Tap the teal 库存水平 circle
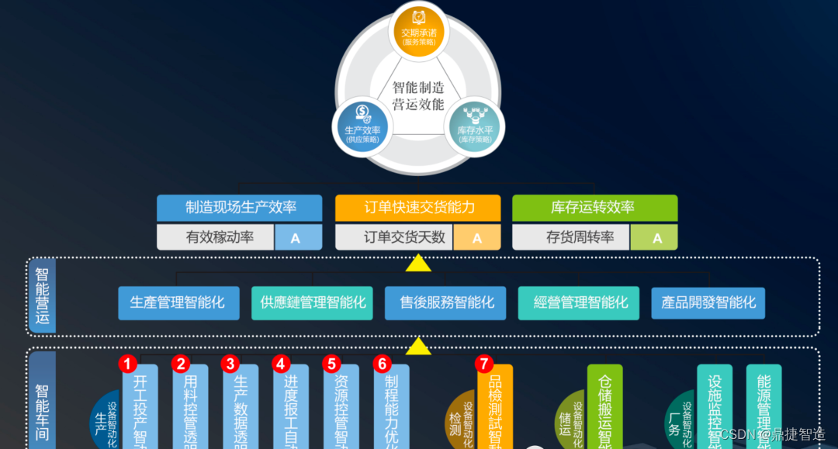click(x=474, y=129)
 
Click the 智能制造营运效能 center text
click(x=418, y=95)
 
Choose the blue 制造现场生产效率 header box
click(x=239, y=208)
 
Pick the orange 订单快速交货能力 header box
click(x=418, y=208)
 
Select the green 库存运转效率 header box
click(x=594, y=208)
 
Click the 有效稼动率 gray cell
click(x=216, y=237)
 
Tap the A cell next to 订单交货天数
click(x=477, y=237)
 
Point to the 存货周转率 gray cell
click(x=571, y=237)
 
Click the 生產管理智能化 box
click(x=178, y=302)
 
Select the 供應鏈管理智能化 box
click(x=312, y=302)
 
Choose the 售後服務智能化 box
click(x=445, y=302)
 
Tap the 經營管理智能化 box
click(x=579, y=302)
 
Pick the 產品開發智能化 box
click(x=708, y=302)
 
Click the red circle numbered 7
click(x=484, y=363)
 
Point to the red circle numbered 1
click(x=128, y=363)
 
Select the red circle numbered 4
click(x=281, y=363)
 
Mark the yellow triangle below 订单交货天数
click(x=419, y=264)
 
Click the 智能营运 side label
click(x=42, y=296)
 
